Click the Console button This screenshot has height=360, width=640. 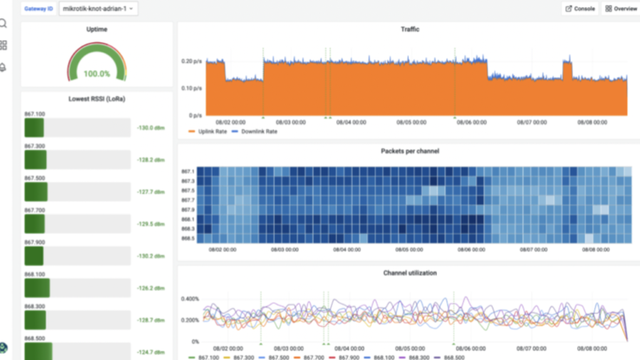click(x=579, y=9)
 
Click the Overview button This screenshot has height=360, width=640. click(x=621, y=9)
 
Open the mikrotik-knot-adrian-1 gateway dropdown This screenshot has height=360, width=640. click(x=98, y=9)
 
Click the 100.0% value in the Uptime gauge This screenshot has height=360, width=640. click(x=97, y=74)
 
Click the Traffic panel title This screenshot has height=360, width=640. click(x=410, y=30)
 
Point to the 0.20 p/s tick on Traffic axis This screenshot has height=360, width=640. click(x=191, y=61)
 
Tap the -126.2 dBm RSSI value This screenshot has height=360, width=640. click(x=150, y=288)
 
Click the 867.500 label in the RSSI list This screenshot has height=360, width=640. click(x=35, y=178)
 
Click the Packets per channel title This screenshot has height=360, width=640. click(x=410, y=150)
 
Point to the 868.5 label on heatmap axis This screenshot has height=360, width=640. click(x=188, y=238)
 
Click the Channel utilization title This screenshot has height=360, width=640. click(x=410, y=273)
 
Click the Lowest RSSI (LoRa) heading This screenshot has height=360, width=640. click(x=97, y=98)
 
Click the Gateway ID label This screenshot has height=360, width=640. click(x=37, y=9)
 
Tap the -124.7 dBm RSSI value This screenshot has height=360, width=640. click(x=150, y=352)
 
